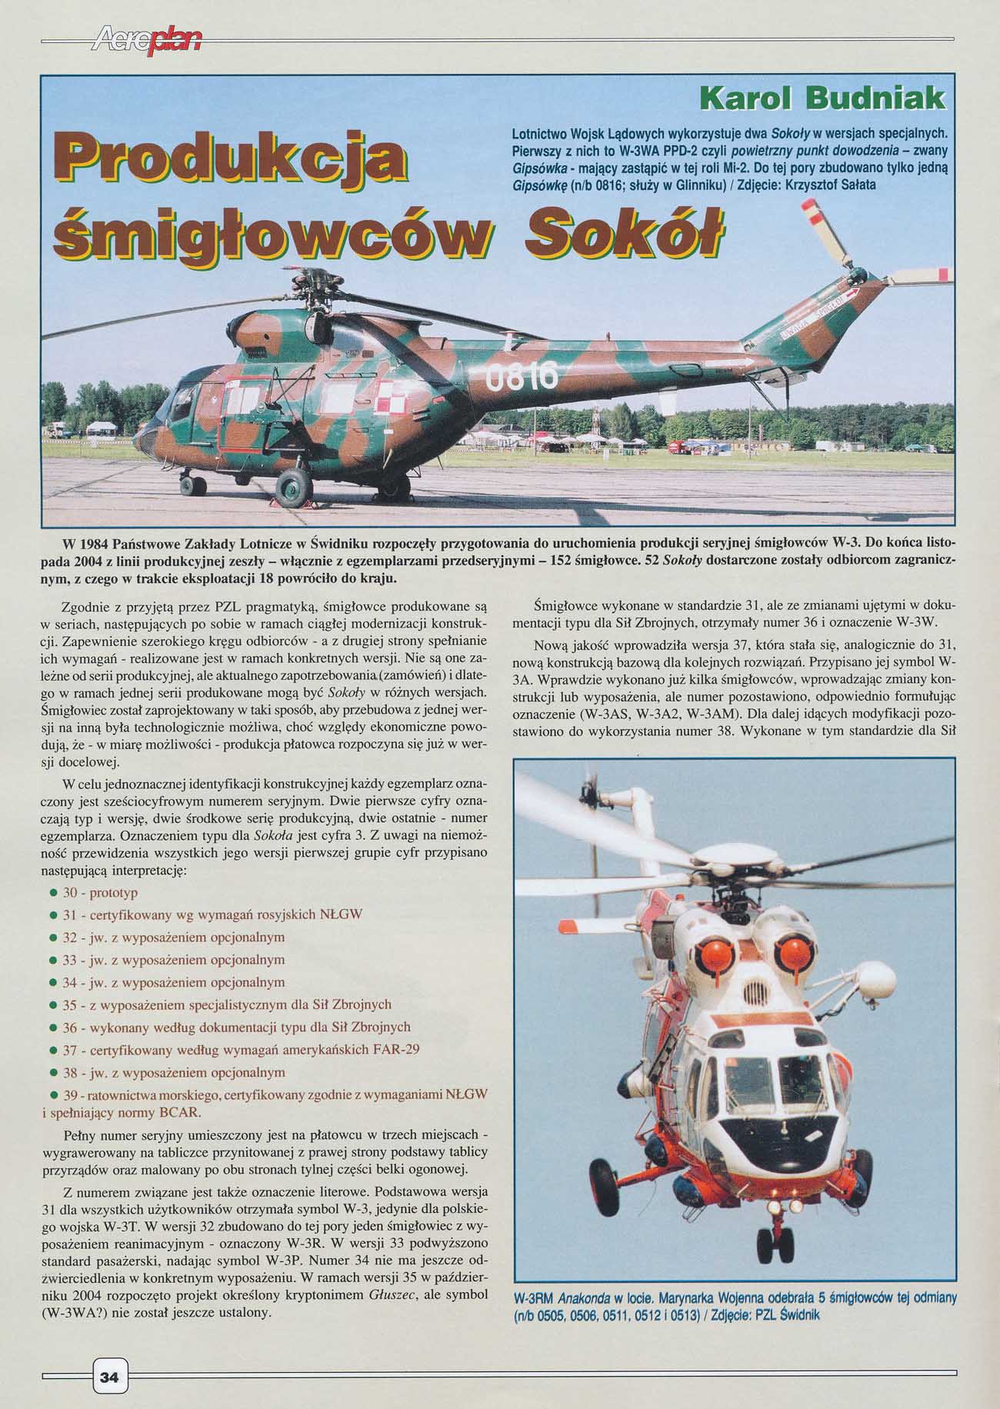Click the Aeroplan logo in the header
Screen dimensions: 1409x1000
145,38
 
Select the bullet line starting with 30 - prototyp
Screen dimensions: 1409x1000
100,893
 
